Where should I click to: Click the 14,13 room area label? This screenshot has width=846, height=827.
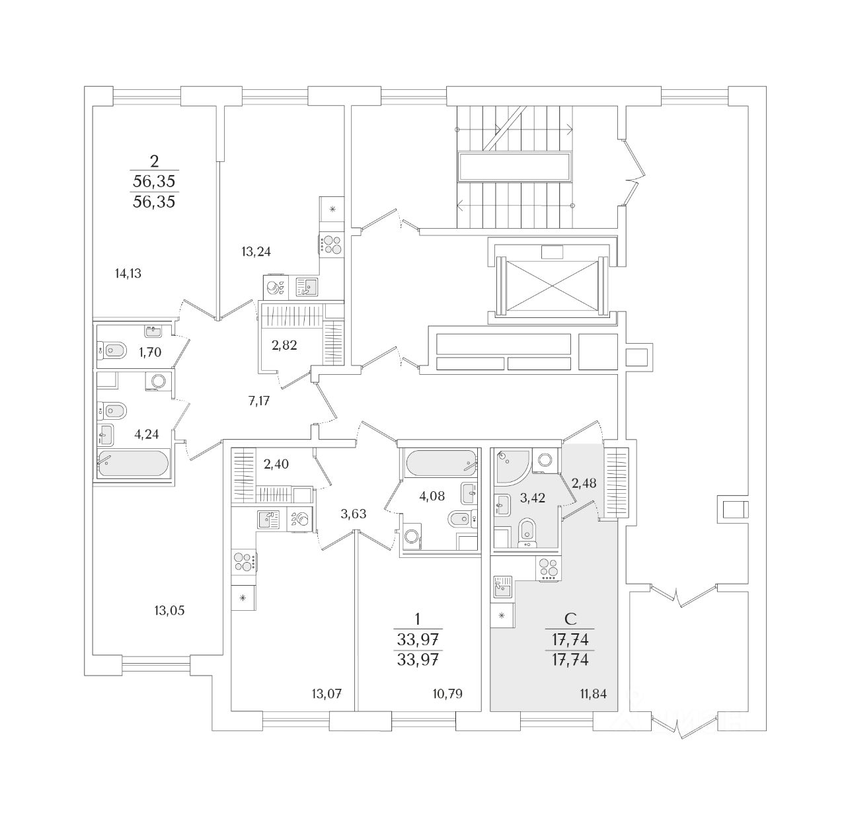[x=128, y=273]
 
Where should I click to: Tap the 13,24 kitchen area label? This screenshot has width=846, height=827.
[x=256, y=251]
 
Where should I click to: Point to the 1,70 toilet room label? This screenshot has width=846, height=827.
[x=150, y=352]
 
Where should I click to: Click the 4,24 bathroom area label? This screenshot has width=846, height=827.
[x=146, y=434]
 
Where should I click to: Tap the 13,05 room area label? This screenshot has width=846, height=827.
[x=169, y=610]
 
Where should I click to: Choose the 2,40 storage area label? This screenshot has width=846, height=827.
[x=276, y=464]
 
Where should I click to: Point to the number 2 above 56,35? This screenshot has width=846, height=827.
[x=155, y=161]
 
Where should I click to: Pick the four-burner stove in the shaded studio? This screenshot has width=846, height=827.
[x=549, y=570]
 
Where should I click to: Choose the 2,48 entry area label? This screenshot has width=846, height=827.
[x=584, y=483]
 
